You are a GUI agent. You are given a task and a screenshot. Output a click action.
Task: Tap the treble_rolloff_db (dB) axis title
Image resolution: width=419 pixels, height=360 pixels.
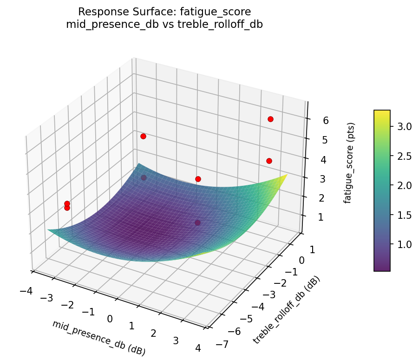287,310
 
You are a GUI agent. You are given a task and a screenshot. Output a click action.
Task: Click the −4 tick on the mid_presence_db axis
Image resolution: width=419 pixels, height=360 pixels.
26,291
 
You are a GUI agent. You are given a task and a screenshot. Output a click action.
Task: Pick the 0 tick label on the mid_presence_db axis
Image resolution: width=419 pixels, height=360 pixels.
110,319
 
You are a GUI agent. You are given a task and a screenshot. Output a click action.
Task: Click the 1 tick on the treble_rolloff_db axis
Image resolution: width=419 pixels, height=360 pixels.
310,249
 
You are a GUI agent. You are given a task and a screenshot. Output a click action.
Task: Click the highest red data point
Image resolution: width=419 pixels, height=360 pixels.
270,119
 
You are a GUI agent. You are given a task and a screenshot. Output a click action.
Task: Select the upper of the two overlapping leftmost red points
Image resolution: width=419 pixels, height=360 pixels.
67,203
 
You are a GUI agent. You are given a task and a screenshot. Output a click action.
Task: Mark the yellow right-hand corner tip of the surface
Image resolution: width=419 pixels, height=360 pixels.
287,175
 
